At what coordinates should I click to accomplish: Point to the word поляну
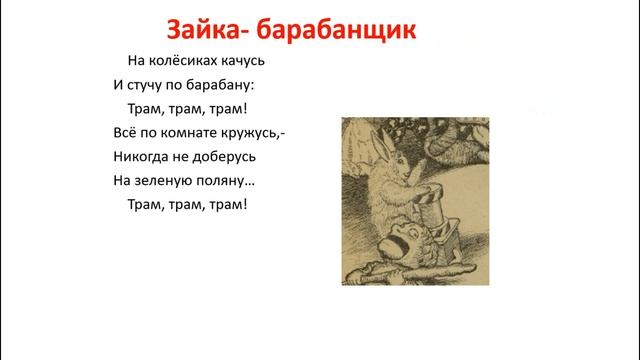pos(231,181)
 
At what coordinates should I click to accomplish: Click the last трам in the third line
pos(228,108)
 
